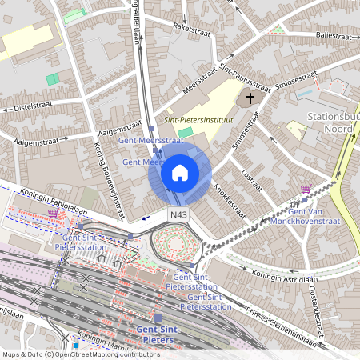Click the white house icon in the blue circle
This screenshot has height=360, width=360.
coord(180,172)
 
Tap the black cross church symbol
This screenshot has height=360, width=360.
coord(250,98)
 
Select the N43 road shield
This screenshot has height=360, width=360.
coord(178,216)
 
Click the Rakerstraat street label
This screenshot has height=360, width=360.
coord(189,30)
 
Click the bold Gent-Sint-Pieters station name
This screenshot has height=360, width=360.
coord(158,334)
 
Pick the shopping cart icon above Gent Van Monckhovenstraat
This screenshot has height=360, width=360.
coord(305,188)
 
